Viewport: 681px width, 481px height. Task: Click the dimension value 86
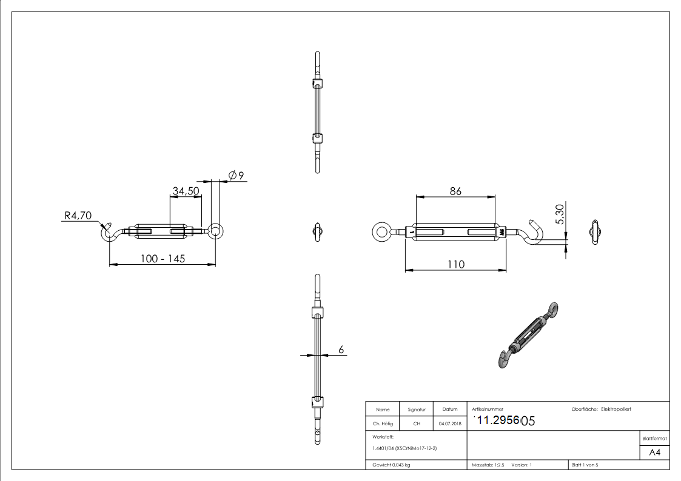[x=455, y=191]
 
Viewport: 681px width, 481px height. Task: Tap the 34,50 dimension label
[x=186, y=191]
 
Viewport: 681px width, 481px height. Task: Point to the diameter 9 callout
[x=236, y=176]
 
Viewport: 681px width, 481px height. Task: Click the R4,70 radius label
[x=77, y=214]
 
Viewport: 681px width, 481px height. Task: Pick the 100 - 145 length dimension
[x=162, y=259]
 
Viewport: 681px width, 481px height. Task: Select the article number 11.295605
[x=503, y=421]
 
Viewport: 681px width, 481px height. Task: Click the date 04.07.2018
[x=450, y=423]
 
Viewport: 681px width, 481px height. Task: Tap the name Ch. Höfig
[x=383, y=423]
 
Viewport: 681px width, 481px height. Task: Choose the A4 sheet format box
[x=655, y=453]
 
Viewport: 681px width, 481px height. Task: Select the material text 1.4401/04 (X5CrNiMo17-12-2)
[x=404, y=448]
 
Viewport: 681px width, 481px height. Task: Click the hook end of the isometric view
[x=503, y=359]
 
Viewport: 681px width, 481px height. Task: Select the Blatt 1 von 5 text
[x=585, y=465]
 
